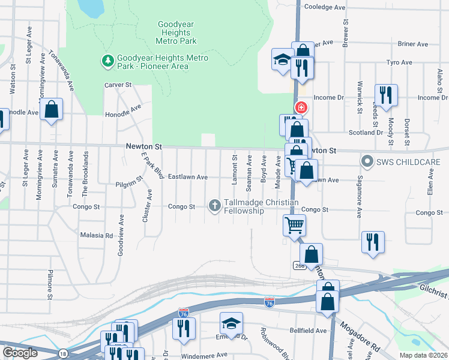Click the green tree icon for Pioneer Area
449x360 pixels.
(108, 61)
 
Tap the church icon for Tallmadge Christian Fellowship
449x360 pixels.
(214, 206)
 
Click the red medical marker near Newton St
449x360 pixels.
(301, 108)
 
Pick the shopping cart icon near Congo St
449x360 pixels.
(294, 226)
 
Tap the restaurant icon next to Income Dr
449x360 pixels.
(385, 94)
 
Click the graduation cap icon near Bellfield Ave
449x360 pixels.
(231, 323)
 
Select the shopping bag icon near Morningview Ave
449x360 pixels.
(52, 109)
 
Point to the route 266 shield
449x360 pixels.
(300, 265)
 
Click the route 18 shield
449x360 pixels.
(64, 354)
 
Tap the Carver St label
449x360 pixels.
(118, 85)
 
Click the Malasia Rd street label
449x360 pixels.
(97, 236)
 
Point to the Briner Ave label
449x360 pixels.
(412, 44)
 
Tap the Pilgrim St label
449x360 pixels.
(130, 178)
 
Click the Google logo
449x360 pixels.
(20, 353)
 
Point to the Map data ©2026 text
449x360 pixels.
(423, 355)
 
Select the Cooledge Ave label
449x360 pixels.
(325, 7)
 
